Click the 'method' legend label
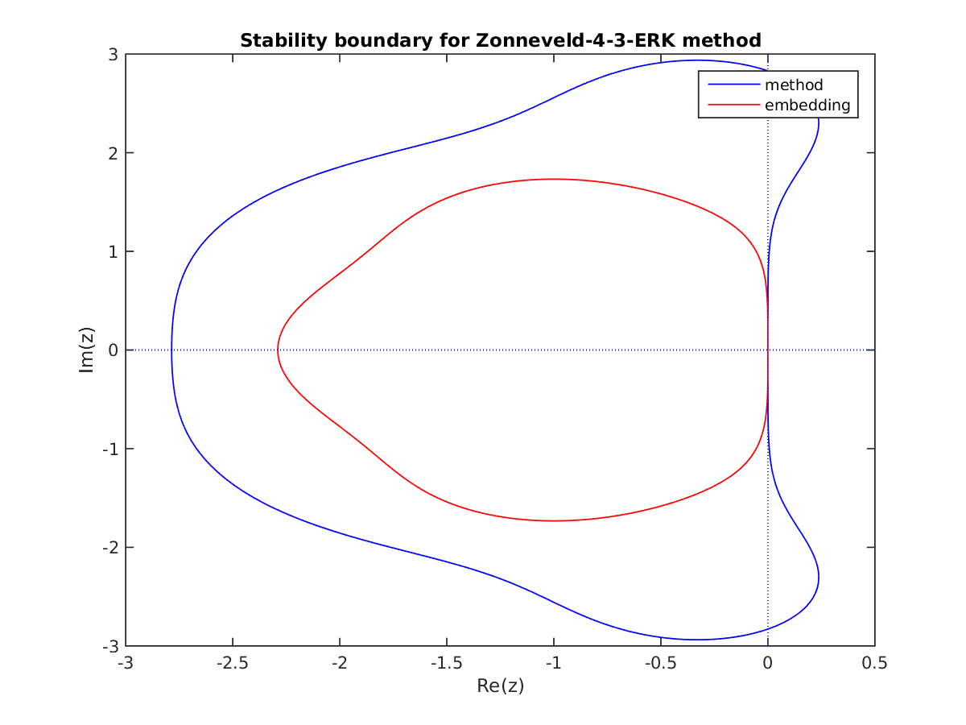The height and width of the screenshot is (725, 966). coord(794,84)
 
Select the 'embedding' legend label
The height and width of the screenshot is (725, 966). coord(807,105)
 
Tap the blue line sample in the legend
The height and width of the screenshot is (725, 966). coord(733,84)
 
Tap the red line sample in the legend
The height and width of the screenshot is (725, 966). coord(733,105)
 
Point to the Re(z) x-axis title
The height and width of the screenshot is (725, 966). coord(500,686)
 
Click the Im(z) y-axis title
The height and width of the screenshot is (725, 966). coord(89,350)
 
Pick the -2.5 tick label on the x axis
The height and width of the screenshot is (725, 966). coord(233,664)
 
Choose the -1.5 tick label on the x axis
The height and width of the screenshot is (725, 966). coord(447,664)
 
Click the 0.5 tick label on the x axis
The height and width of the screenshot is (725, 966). coord(874,664)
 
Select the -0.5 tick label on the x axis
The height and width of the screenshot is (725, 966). coord(660,664)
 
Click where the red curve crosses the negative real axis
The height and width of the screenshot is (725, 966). coord(278,350)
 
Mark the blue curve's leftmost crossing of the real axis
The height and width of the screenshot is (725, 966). coord(171,350)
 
